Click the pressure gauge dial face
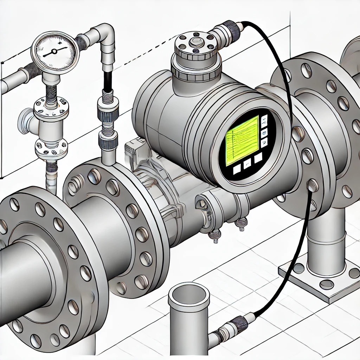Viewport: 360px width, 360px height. [55, 51]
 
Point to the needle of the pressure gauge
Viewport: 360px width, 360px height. [53, 52]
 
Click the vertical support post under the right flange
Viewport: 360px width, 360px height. [323, 239]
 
